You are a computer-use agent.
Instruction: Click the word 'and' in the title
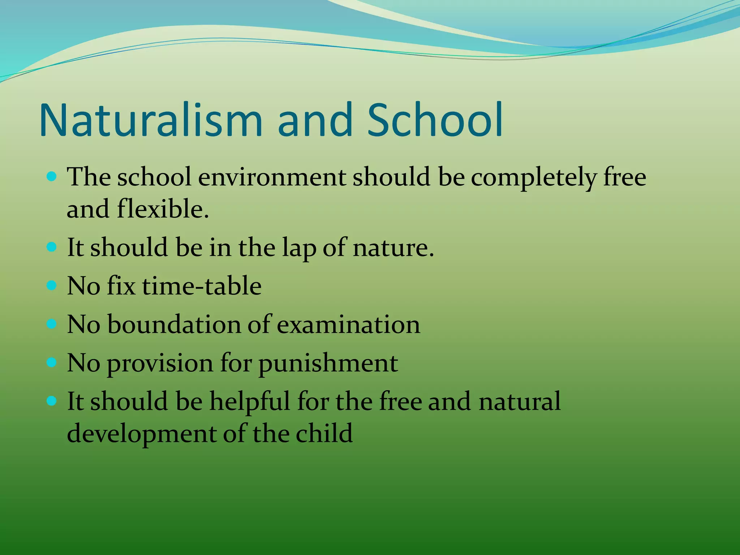point(314,120)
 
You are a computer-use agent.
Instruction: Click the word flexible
point(163,210)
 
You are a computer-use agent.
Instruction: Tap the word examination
point(348,324)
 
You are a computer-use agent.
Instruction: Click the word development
point(141,434)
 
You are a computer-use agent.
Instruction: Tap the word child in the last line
point(324,433)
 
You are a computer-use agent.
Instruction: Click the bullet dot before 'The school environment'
point(52,177)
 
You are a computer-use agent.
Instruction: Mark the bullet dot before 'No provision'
point(52,362)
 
